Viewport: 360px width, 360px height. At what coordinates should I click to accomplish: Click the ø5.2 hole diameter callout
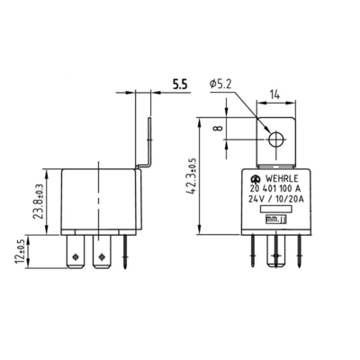tap(220, 84)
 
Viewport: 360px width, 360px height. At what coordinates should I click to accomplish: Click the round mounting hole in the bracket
tap(277, 139)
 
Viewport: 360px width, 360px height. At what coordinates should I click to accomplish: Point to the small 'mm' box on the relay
tap(282, 217)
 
